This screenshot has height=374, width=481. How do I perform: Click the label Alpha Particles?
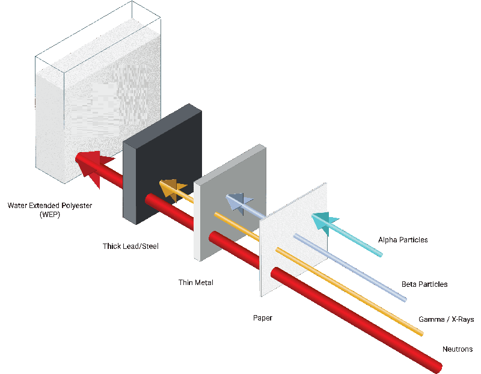click(403, 240)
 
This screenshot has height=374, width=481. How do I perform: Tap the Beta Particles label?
click(424, 284)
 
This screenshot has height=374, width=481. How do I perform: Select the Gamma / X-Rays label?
click(446, 319)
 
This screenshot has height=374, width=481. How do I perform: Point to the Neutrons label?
click(458, 349)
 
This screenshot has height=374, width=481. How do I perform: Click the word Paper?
click(262, 317)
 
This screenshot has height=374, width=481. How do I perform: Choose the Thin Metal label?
click(196, 282)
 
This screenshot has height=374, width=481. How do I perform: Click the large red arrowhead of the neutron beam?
click(91, 166)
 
